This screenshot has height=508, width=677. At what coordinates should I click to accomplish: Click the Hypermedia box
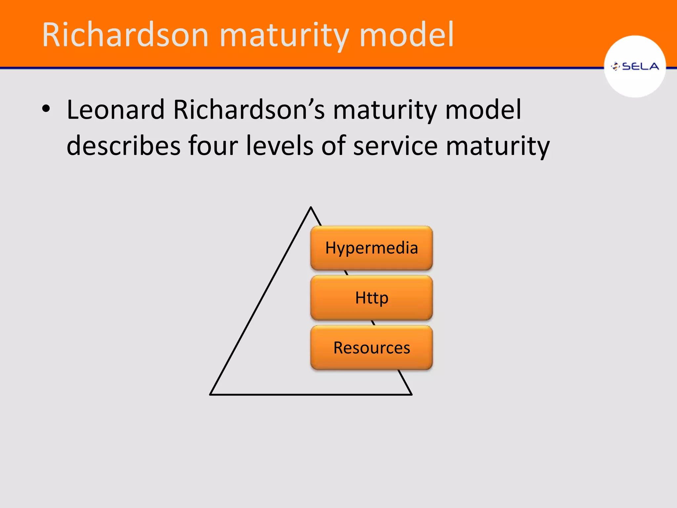[372, 248]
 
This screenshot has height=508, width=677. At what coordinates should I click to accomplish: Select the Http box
[372, 298]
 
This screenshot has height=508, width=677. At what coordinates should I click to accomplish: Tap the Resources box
[372, 348]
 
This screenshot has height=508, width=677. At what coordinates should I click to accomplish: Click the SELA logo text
[640, 66]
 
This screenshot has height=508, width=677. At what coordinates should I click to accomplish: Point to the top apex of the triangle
[311, 208]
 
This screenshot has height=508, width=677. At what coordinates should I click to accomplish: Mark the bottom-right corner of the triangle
[411, 394]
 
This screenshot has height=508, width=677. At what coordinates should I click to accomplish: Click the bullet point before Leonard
[46, 109]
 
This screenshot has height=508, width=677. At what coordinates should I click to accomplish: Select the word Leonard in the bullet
[115, 110]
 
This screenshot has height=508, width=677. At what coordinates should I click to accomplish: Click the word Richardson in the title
[125, 35]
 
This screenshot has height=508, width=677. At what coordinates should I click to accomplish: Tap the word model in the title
[406, 35]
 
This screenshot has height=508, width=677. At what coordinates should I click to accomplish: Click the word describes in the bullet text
[123, 146]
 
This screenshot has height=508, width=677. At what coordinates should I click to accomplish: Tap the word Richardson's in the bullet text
[249, 110]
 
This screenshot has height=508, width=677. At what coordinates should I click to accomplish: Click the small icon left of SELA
[615, 66]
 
